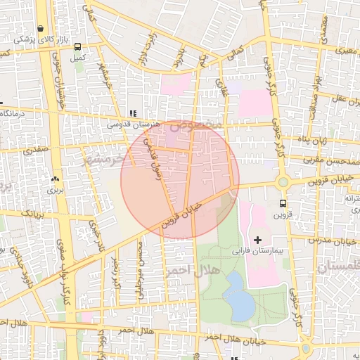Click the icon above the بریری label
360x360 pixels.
click(55, 179)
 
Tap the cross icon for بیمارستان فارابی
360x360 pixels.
click(258, 240)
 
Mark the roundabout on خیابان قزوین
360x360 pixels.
click(283, 182)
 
